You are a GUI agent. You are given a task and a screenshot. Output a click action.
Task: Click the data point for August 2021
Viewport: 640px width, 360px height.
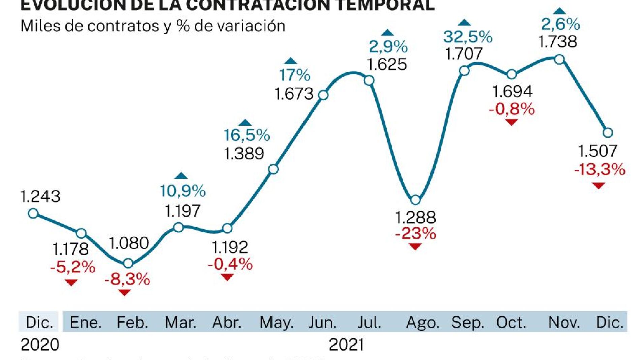coord(415,200)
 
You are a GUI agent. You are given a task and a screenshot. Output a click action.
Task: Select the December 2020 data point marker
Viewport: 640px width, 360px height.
coord(33,213)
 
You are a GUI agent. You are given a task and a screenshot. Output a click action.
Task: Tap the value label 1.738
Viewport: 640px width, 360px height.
coord(557,42)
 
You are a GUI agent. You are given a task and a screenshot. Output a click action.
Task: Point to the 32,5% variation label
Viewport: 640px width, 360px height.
coord(468,37)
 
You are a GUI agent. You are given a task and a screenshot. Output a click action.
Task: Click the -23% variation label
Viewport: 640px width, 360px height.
coord(415,233)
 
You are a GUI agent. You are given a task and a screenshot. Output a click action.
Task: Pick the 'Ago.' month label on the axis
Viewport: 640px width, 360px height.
coord(422,322)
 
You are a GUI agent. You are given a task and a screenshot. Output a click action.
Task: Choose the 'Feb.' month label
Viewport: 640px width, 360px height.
coord(132,322)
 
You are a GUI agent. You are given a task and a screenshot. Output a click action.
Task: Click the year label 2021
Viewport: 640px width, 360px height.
coord(346,345)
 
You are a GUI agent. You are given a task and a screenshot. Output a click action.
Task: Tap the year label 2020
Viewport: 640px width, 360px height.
coord(40,345)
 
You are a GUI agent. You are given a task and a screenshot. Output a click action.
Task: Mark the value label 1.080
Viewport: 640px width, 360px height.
coord(129,243)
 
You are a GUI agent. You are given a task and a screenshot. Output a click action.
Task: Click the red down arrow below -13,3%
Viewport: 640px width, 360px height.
coord(599,186)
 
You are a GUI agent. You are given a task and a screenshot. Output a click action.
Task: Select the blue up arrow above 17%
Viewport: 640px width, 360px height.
coord(290,61)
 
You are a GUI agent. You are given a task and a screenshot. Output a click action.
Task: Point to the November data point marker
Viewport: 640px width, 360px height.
coord(559,60)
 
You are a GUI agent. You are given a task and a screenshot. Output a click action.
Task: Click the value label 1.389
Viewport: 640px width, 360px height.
coord(244,154)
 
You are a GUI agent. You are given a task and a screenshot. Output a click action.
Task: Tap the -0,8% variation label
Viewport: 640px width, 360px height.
coord(512,109)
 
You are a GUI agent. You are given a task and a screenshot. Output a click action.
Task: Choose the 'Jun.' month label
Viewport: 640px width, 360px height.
coord(322,322)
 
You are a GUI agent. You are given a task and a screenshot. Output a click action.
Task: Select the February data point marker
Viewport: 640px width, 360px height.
coord(128,263)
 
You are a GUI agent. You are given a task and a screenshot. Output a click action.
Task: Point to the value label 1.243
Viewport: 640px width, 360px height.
coord(40,196)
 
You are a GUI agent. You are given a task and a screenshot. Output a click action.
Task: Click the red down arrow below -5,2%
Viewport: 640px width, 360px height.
coord(71,282)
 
